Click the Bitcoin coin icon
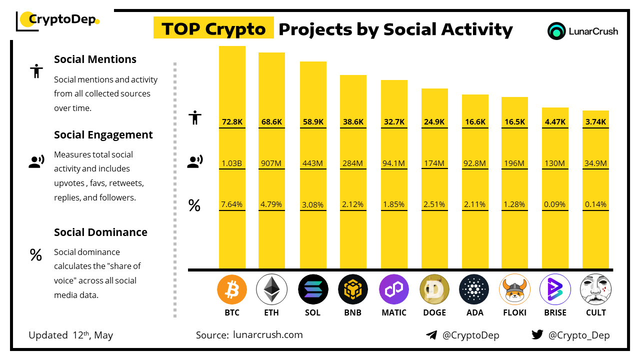[232, 289]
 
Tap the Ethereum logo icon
[271, 289]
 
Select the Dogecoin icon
[434, 289]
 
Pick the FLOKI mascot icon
[514, 289]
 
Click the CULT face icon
[595, 289]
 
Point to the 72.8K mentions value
[232, 121]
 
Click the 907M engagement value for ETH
[271, 163]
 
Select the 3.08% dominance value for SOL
[313, 204]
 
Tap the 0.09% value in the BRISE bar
[555, 204]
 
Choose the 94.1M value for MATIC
[394, 163]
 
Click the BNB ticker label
[353, 312]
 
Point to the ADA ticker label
[475, 312]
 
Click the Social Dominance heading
[100, 232]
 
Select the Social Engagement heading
[103, 134]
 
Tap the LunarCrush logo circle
[556, 31]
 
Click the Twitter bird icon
[537, 334]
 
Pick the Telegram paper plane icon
[431, 335]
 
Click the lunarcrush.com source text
[268, 334]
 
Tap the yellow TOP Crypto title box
[213, 29]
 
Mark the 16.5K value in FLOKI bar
[514, 121]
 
